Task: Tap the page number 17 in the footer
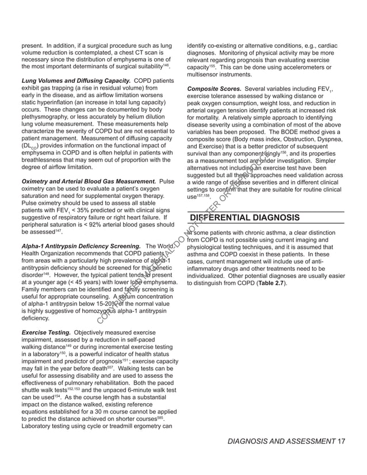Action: [342, 441]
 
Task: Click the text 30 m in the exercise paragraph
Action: [100, 412]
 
